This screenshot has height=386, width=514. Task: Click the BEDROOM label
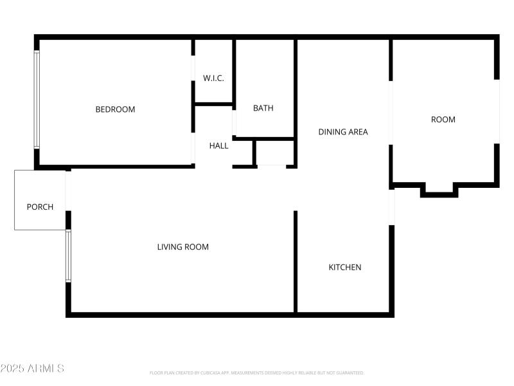click(x=116, y=109)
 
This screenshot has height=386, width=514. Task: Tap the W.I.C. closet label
click(x=213, y=78)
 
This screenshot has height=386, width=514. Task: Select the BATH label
click(x=263, y=108)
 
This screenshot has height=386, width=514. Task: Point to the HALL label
click(x=218, y=146)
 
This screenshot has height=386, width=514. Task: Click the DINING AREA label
click(x=343, y=132)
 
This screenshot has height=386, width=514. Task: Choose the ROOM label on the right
click(x=443, y=120)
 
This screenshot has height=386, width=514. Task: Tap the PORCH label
click(x=40, y=207)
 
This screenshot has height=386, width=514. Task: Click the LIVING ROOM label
click(x=183, y=247)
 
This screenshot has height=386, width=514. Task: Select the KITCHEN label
click(x=345, y=268)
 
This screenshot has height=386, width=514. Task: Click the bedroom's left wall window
click(x=37, y=100)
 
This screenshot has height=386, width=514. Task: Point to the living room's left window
click(x=68, y=256)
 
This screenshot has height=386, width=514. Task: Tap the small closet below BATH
click(x=271, y=154)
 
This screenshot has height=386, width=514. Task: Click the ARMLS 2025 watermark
click(x=32, y=369)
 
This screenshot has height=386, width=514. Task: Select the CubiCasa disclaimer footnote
click(x=257, y=373)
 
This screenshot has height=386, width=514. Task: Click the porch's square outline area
click(x=40, y=187)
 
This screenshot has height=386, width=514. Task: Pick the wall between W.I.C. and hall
click(x=213, y=104)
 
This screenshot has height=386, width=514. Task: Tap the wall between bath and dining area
click(x=296, y=90)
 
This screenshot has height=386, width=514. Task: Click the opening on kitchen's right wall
click(x=391, y=207)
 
